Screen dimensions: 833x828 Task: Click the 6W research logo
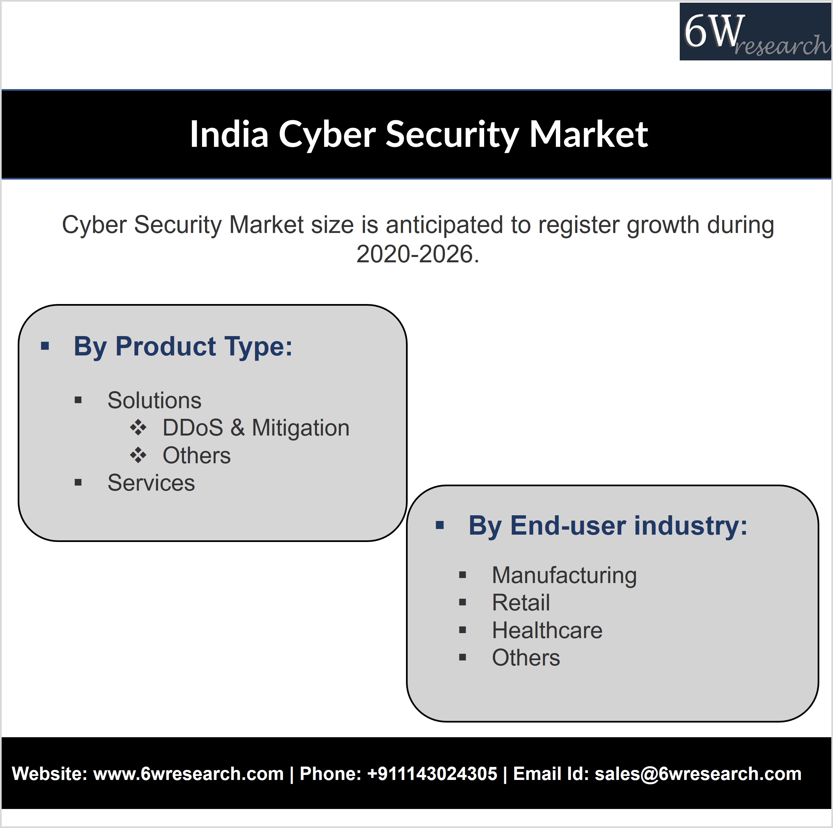point(756,31)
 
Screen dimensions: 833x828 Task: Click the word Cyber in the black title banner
point(327,134)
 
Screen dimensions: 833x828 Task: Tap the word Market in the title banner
point(589,134)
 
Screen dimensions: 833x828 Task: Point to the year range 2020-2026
point(418,254)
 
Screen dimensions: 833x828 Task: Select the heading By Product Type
point(183,346)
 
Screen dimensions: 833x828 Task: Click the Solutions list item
point(154,400)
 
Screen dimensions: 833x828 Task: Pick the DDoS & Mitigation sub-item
point(256,428)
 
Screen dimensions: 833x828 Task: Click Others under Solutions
point(197,455)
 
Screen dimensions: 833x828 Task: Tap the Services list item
point(151,483)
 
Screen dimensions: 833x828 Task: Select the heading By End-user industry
point(608,526)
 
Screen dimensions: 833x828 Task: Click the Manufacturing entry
point(564,575)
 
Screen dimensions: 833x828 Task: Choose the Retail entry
point(521,603)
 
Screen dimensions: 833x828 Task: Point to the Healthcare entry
point(547,630)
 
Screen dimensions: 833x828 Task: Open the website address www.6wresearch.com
point(188,774)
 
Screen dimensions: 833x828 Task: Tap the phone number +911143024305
point(432,774)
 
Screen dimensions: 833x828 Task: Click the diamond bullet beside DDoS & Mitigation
point(138,428)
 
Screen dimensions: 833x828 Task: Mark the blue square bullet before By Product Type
point(45,346)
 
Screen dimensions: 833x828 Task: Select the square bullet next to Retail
point(463,603)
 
